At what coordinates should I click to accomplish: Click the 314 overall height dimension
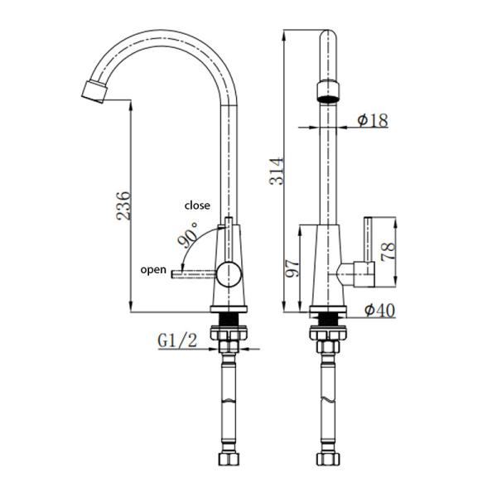278,171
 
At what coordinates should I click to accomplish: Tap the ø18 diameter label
372,121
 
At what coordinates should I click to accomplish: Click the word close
197,205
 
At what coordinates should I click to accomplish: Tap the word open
152,269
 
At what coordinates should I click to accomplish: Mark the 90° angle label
187,236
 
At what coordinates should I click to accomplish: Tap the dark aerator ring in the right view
329,89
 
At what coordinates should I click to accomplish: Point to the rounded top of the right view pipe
329,37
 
